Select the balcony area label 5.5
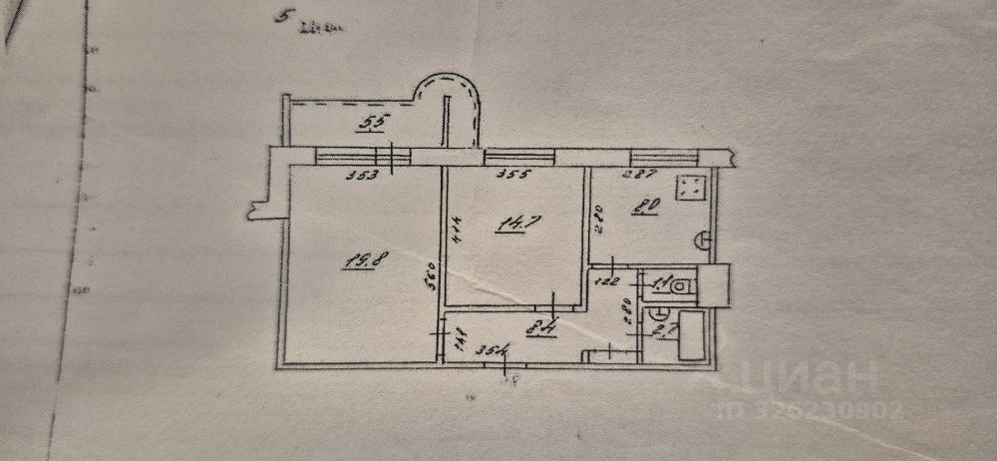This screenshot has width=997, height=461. click(x=371, y=124)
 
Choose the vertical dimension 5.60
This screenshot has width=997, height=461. click(x=429, y=274)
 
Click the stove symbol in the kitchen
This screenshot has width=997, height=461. click(x=690, y=189)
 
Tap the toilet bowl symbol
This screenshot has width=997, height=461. click(x=679, y=287)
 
